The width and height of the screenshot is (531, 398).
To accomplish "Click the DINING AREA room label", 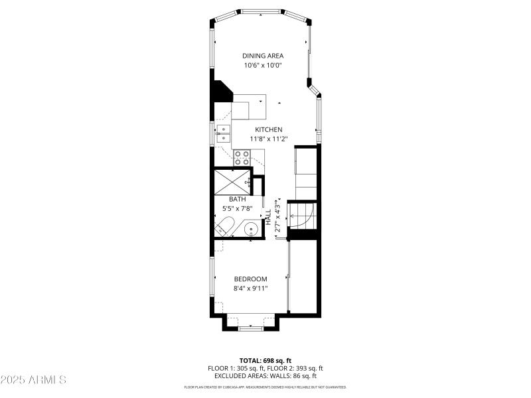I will pyautogui.click(x=264, y=56).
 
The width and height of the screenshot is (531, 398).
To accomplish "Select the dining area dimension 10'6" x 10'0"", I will pyautogui.click(x=264, y=66).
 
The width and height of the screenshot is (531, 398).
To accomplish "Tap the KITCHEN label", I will pyautogui.click(x=269, y=129).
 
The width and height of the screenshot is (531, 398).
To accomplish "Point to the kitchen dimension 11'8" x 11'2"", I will pyautogui.click(x=269, y=139).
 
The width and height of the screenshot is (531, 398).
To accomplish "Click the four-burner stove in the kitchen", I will pyautogui.click(x=242, y=157).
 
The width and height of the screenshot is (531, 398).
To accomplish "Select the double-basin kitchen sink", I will pyautogui.click(x=224, y=133).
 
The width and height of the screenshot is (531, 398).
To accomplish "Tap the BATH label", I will pyautogui.click(x=238, y=199).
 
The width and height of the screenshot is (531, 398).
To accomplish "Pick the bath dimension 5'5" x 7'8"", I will pyautogui.click(x=238, y=208).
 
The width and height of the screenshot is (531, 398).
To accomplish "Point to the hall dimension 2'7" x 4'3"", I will pyautogui.click(x=278, y=217).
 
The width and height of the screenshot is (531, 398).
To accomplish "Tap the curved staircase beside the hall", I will pyautogui.click(x=306, y=216).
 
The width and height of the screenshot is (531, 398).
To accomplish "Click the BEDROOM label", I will pyautogui.click(x=250, y=279).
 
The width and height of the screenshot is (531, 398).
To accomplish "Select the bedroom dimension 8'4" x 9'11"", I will pyautogui.click(x=250, y=289).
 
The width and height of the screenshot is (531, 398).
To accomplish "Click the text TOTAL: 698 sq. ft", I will pyautogui.click(x=265, y=360).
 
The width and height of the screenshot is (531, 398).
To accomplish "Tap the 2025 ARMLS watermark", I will pyautogui.click(x=33, y=380).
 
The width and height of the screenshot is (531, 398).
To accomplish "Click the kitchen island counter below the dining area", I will pyautogui.click(x=250, y=106).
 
